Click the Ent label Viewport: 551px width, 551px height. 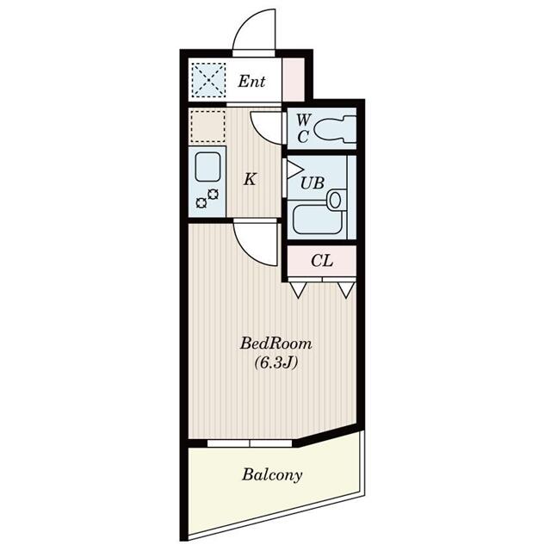(x=251, y=82)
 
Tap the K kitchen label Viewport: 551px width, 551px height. (x=250, y=179)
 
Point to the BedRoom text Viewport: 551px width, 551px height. (x=275, y=344)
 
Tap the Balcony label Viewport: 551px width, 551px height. (x=272, y=474)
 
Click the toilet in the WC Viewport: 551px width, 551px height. (x=334, y=130)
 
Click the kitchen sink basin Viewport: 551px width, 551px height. (x=207, y=167)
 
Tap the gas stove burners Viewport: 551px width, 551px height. (x=207, y=199)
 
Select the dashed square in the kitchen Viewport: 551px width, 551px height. (x=207, y=127)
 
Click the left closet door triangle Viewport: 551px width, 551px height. (x=297, y=289)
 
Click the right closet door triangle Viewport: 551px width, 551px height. (x=346, y=289)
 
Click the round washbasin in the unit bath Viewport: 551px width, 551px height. (x=334, y=200)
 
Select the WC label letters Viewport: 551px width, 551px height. (x=302, y=128)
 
